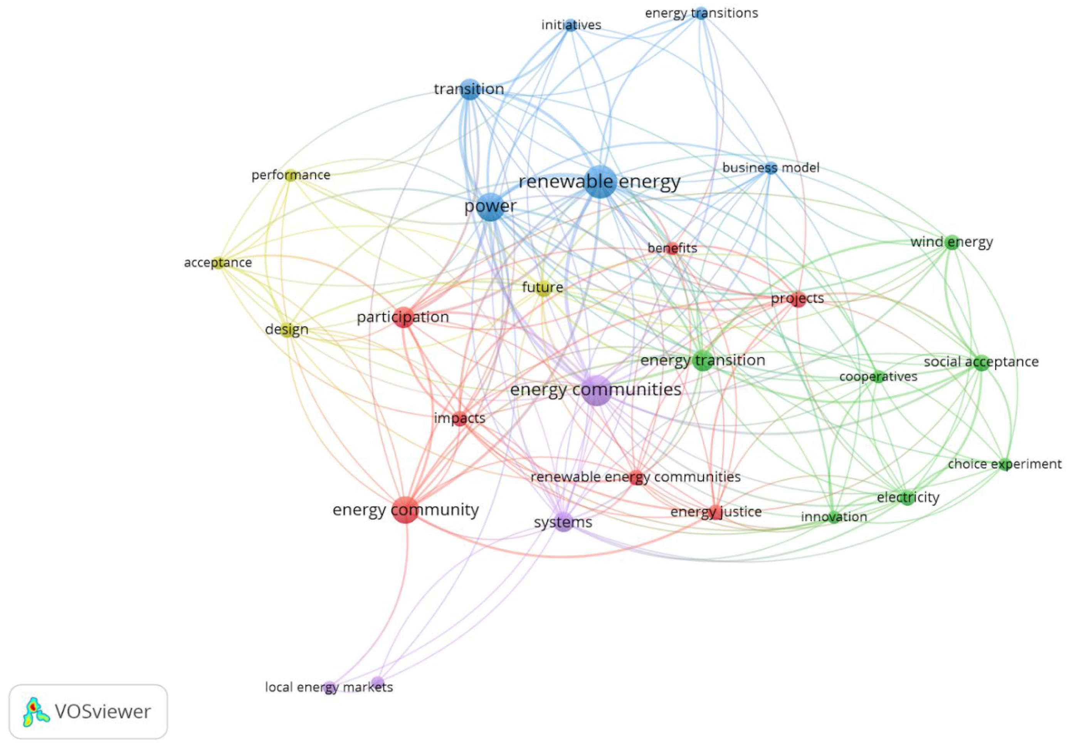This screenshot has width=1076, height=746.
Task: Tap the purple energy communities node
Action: [597, 390]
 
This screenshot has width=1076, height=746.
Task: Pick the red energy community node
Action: [405, 509]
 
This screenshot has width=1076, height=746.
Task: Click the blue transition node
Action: [470, 89]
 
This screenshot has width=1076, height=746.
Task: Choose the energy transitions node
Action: [700, 13]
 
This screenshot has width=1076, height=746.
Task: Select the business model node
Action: [771, 168]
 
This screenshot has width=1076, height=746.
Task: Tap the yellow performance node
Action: [291, 175]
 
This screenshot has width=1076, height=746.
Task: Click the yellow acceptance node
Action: [218, 263]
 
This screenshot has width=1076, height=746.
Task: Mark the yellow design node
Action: [287, 329]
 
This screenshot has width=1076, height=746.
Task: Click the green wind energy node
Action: [952, 242]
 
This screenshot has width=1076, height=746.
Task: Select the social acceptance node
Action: [981, 362]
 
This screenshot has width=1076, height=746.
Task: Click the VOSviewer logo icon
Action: [35, 712]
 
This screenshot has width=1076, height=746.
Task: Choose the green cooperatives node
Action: [878, 377]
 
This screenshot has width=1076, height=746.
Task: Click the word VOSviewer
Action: [103, 712]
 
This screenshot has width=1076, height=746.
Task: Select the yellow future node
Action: [543, 287]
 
